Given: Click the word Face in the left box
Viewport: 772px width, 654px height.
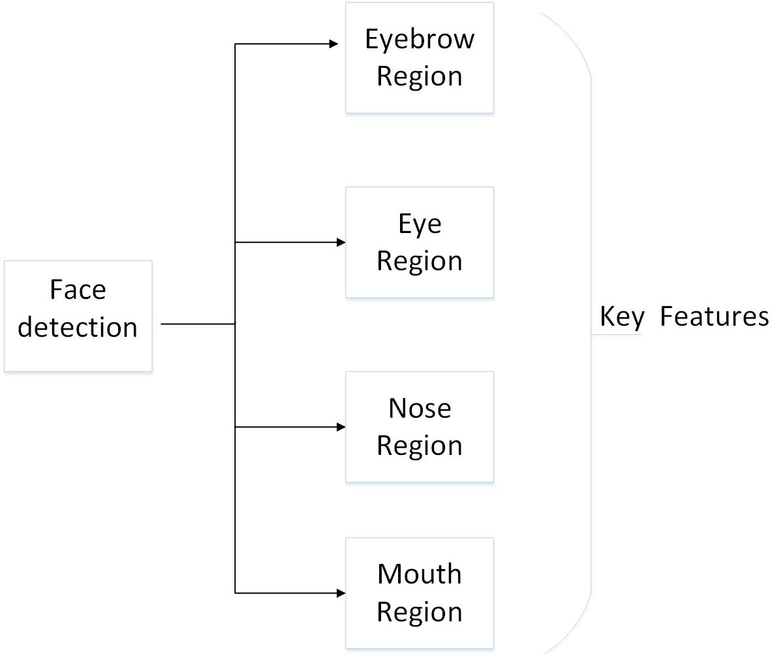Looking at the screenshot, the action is click(x=78, y=290).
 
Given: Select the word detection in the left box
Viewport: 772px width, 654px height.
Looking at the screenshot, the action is click(x=78, y=328).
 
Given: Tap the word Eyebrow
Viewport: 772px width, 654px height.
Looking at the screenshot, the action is click(x=420, y=40).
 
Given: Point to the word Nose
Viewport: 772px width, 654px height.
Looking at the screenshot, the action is click(x=420, y=408).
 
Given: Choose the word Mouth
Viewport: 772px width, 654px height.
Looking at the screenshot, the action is click(x=420, y=574).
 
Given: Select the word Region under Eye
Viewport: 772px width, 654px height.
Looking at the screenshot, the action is click(x=420, y=262).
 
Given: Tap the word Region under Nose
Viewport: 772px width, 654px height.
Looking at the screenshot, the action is click(x=420, y=446).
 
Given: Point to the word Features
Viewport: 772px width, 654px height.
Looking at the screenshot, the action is click(x=715, y=317).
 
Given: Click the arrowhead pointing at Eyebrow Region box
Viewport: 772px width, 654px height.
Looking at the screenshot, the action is click(x=334, y=44).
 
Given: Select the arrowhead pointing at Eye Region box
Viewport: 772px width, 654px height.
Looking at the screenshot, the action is click(x=341, y=242).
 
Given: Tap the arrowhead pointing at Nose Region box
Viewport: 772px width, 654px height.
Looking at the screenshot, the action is click(x=341, y=427).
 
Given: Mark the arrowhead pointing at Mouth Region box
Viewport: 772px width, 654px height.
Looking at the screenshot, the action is click(x=341, y=593).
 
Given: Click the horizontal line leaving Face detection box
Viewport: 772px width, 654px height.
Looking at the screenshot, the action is click(x=198, y=324).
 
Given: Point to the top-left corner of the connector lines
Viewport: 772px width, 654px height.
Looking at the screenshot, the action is click(x=236, y=44).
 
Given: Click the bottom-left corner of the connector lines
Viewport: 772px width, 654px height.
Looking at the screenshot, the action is click(x=236, y=593).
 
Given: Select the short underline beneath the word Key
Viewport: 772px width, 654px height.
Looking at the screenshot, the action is click(x=616, y=335).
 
